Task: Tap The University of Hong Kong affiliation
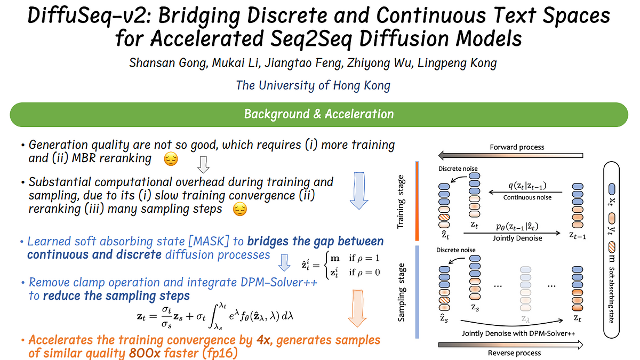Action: click(313, 85)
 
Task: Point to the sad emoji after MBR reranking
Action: click(170, 158)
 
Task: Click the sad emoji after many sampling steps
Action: click(241, 210)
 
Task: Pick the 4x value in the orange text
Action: click(263, 340)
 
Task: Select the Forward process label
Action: click(517, 147)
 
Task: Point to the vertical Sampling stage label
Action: click(402, 299)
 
